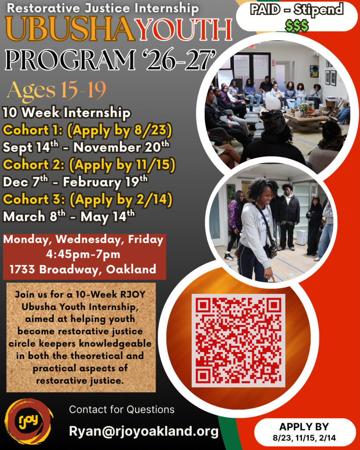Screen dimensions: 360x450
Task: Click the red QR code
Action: [x=238, y=341]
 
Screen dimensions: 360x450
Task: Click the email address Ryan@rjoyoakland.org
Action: [x=144, y=431]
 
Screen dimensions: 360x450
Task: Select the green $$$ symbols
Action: [x=297, y=26]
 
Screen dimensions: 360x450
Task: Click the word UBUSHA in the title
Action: [x=70, y=29]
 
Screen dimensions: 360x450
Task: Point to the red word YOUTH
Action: [x=184, y=29]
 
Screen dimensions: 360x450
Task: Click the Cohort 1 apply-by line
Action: [x=87, y=131]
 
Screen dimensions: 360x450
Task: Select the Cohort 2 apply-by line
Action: [x=89, y=165]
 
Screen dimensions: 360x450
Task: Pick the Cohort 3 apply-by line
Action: [x=87, y=200]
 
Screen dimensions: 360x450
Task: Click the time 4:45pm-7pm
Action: [x=83, y=254]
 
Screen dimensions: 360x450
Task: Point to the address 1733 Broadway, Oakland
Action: [x=83, y=269]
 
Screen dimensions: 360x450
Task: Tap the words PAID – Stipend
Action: [x=297, y=10]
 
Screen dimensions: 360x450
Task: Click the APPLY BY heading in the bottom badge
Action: [x=304, y=427]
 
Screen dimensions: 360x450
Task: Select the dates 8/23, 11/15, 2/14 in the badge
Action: [x=304, y=438]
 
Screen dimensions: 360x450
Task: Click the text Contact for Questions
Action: [x=122, y=410]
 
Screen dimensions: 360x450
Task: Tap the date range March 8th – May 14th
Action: [x=69, y=216]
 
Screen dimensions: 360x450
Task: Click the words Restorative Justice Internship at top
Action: [x=102, y=8]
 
